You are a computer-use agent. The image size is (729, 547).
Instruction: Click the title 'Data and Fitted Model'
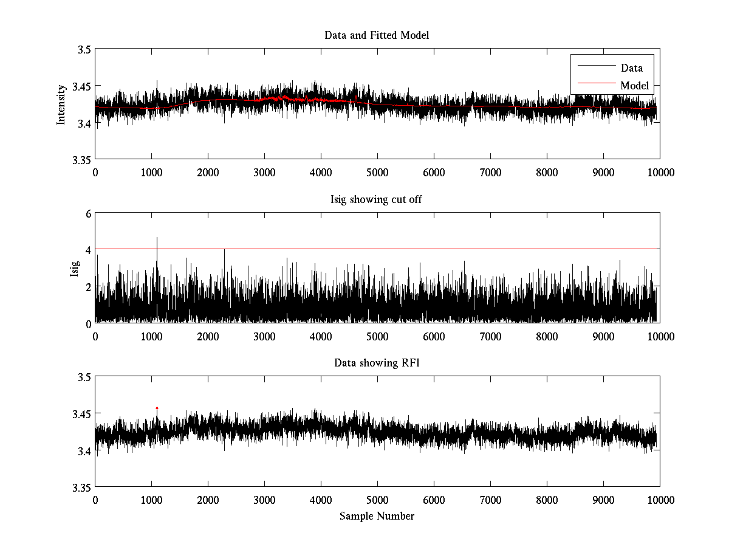coord(377,35)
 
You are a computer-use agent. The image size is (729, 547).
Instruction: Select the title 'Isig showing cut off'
coord(377,199)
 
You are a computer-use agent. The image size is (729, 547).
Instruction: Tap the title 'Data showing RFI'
coord(377,363)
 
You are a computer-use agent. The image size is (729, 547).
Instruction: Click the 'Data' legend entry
coord(631,68)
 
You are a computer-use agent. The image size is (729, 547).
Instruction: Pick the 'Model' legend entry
coord(634,86)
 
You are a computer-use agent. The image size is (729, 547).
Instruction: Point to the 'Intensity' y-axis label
coord(61,105)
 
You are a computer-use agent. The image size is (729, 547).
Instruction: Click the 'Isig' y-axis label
coord(74,268)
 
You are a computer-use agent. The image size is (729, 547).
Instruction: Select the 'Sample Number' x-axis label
coord(377,516)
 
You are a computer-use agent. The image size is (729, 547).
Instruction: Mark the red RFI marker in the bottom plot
coord(157,408)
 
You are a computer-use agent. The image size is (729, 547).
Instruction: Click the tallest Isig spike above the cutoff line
coord(157,238)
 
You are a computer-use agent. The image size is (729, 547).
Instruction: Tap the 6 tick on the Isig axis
coord(88,213)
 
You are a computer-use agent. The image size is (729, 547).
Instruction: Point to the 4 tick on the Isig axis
coord(88,250)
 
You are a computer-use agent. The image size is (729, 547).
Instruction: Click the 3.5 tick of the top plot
coord(83,50)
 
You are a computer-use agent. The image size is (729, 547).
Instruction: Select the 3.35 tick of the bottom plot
coord(80,487)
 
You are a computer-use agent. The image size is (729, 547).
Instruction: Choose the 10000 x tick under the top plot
coord(660,173)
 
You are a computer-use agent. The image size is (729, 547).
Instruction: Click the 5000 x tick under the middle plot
coord(377,337)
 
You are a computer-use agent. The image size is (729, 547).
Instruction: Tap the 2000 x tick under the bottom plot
coord(208,500)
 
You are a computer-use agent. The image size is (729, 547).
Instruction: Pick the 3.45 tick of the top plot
coord(80,86)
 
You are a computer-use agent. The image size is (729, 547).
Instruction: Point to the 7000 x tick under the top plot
coord(490,173)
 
